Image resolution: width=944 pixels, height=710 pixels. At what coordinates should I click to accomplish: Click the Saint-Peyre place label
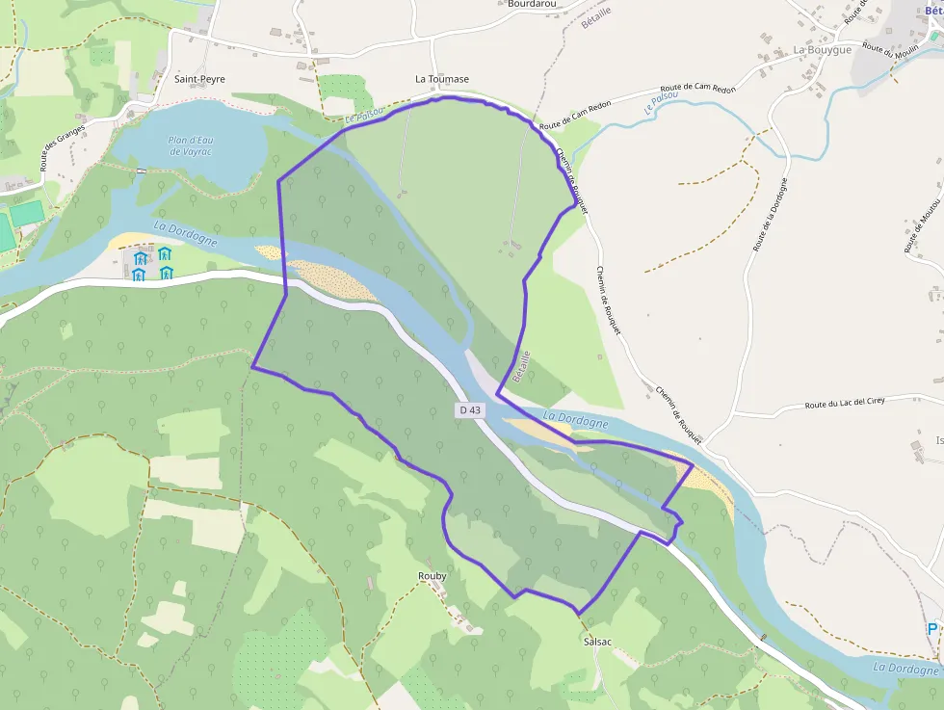point(199,79)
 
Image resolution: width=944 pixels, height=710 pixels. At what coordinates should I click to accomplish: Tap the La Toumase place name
point(442,79)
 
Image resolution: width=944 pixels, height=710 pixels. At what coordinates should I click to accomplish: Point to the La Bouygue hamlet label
point(823,49)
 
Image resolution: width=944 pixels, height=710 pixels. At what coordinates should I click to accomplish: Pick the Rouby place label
point(433,576)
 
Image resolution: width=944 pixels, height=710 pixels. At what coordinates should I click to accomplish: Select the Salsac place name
point(597,641)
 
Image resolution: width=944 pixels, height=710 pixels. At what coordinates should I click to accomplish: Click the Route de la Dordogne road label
point(772,215)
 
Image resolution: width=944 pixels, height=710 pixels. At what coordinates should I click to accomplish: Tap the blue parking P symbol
point(932,629)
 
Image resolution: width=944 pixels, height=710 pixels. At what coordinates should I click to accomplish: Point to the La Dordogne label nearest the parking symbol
point(905,668)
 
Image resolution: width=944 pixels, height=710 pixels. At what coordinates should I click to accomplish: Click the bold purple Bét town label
point(932,12)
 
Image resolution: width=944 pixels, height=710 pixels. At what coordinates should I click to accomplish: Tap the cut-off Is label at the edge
point(939,441)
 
